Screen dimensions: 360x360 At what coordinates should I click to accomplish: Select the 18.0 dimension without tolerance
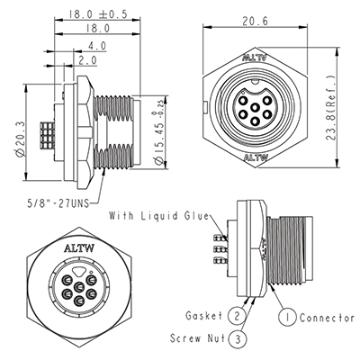click(x=98, y=30)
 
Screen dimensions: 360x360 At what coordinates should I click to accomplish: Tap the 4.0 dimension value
click(x=96, y=45)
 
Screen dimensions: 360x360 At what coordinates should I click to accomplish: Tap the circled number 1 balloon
click(x=288, y=316)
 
